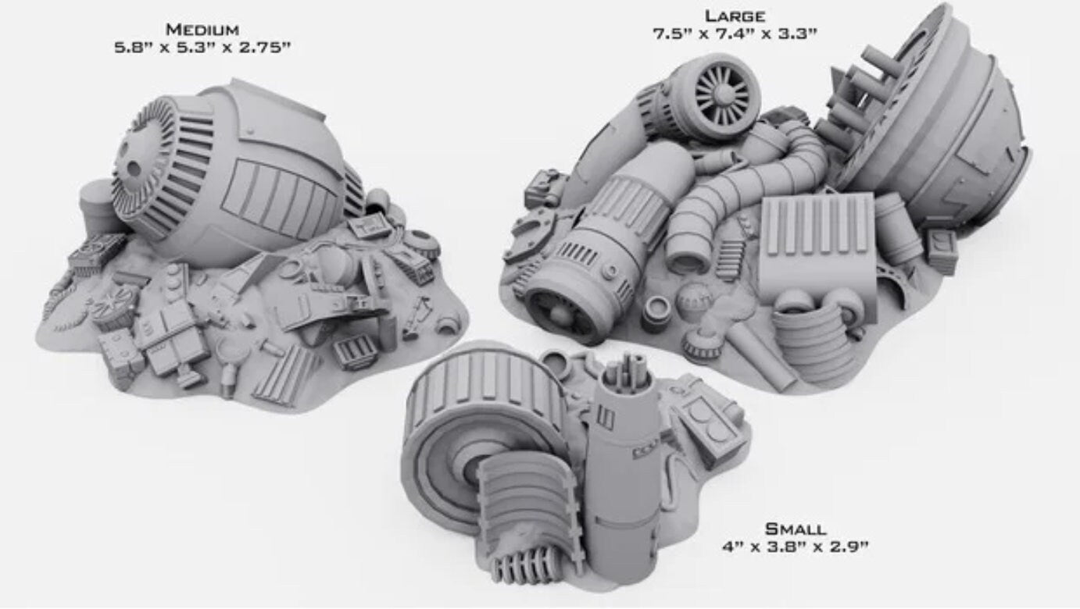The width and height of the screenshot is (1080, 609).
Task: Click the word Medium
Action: tap(202, 30)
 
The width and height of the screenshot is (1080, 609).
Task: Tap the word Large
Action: tap(735, 16)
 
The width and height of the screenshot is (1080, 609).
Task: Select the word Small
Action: tap(796, 529)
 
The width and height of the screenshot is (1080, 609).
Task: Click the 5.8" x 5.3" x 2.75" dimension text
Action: tap(202, 48)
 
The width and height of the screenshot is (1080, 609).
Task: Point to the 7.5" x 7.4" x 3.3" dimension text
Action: tap(735, 34)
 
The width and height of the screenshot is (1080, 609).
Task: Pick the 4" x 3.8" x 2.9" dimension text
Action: tap(796, 547)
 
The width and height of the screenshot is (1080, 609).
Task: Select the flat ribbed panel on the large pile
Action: tap(817, 241)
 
